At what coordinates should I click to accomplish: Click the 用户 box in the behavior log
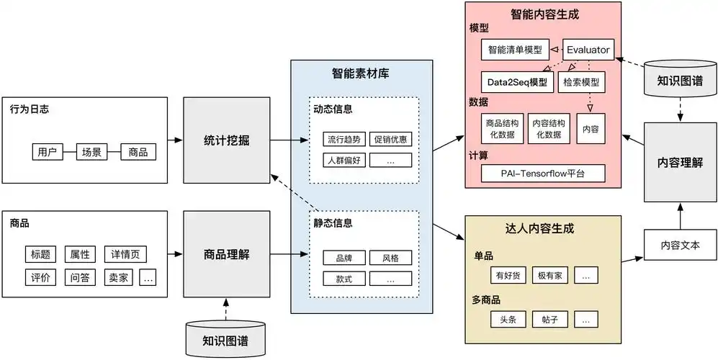point(45,152)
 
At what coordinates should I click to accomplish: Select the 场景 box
point(91,152)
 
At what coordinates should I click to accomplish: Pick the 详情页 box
point(125,254)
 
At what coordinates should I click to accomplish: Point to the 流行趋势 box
point(345,139)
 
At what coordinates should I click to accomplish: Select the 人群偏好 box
point(345,160)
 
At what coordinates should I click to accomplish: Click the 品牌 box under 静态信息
point(338,257)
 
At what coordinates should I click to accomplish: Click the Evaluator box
point(588,50)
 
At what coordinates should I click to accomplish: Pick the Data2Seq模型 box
point(516,82)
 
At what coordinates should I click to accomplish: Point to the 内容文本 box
point(680,246)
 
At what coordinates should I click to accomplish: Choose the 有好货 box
point(504,275)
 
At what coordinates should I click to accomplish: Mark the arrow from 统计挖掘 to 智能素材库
point(276,140)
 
